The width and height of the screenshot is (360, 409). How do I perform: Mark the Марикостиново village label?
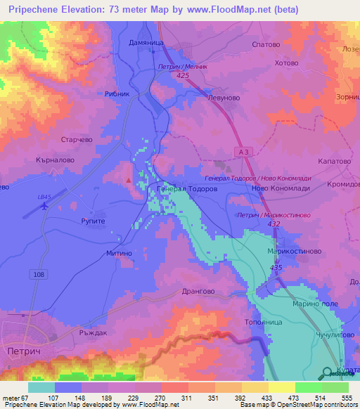point(295,251)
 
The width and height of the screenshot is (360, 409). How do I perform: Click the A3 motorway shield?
point(243,151)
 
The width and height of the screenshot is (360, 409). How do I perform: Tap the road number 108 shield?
point(38,273)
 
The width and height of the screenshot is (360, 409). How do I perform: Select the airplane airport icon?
point(46,206)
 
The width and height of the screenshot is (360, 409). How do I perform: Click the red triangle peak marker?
point(128,180)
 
